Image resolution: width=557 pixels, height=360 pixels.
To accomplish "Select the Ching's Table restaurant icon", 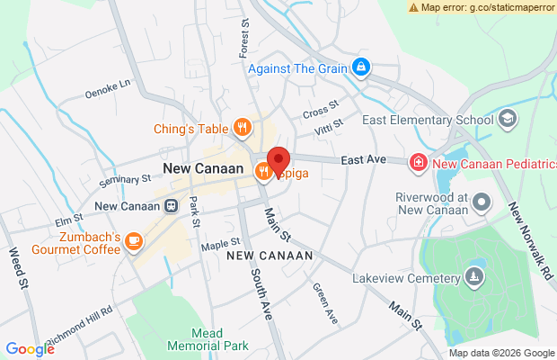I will (x=242, y=128).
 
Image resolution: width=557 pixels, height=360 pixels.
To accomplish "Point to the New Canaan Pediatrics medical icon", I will (x=418, y=162).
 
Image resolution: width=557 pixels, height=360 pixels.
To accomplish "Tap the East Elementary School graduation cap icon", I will (x=508, y=119).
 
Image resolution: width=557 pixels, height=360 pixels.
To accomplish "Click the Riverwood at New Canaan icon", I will (x=480, y=203).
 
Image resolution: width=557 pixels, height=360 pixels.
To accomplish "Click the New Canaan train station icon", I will (x=171, y=205).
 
